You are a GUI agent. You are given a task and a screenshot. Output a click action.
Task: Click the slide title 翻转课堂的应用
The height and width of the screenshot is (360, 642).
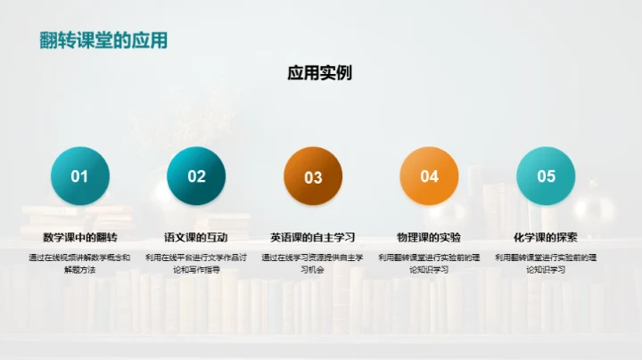(x=103, y=40)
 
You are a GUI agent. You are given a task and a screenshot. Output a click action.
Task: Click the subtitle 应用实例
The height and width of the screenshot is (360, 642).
(x=319, y=72)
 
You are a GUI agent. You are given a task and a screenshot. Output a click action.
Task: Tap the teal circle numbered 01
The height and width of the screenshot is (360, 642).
(x=80, y=176)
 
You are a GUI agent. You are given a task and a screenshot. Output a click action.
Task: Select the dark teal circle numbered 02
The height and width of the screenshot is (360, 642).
(x=196, y=176)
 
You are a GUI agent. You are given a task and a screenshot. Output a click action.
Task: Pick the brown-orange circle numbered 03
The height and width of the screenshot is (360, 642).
(x=313, y=176)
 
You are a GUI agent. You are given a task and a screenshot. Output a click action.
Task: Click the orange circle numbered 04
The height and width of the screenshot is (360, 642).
(x=430, y=176)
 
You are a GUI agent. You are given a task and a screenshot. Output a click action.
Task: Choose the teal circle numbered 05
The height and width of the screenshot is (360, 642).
(x=546, y=176)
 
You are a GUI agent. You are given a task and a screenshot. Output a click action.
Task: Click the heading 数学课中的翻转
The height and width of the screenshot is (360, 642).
(x=80, y=238)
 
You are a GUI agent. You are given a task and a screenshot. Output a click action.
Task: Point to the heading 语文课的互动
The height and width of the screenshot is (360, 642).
(x=196, y=238)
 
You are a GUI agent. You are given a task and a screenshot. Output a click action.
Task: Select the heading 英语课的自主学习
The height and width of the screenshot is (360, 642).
(x=313, y=238)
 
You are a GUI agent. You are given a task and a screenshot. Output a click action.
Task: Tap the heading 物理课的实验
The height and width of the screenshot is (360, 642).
(x=429, y=238)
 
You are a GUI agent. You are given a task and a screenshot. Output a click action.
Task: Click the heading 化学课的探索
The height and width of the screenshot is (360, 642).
(x=546, y=238)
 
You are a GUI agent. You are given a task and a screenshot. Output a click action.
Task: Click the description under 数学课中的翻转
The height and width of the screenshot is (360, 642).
(x=80, y=263)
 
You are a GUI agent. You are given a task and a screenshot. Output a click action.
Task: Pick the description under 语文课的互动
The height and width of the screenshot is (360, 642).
(x=196, y=263)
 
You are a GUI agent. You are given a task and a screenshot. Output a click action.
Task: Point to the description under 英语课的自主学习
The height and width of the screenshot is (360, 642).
(x=313, y=263)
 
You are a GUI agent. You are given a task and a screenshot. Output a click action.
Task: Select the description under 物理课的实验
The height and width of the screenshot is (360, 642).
(x=429, y=263)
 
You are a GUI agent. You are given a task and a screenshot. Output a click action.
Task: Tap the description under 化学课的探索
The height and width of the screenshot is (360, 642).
(x=546, y=263)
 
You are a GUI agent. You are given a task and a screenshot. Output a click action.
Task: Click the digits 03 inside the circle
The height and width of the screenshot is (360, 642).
(x=313, y=177)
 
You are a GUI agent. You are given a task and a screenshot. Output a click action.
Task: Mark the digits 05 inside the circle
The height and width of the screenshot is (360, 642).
(x=546, y=176)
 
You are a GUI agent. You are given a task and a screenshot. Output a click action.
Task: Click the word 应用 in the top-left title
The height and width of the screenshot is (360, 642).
(x=150, y=40)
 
